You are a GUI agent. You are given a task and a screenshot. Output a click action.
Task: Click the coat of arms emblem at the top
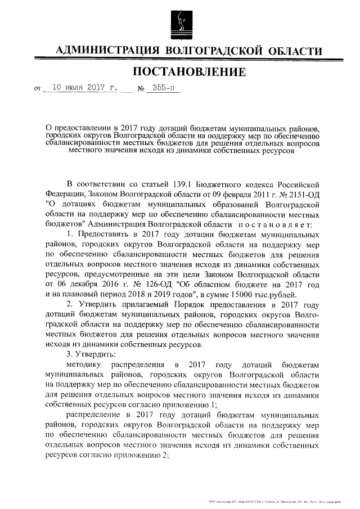pyautogui.click(x=179, y=21)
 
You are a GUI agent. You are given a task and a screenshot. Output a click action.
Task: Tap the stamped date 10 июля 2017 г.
pyautogui.click(x=84, y=88)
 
